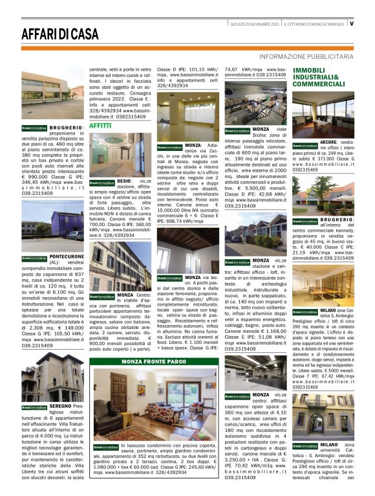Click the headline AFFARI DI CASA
pyautogui.click(x=59, y=34)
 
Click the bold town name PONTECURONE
pyautogui.click(x=66, y=256)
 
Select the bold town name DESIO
pyautogui.click(x=124, y=183)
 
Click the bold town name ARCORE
pyautogui.click(x=329, y=141)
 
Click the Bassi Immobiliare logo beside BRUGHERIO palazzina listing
pyautogui.click(x=34, y=128)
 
